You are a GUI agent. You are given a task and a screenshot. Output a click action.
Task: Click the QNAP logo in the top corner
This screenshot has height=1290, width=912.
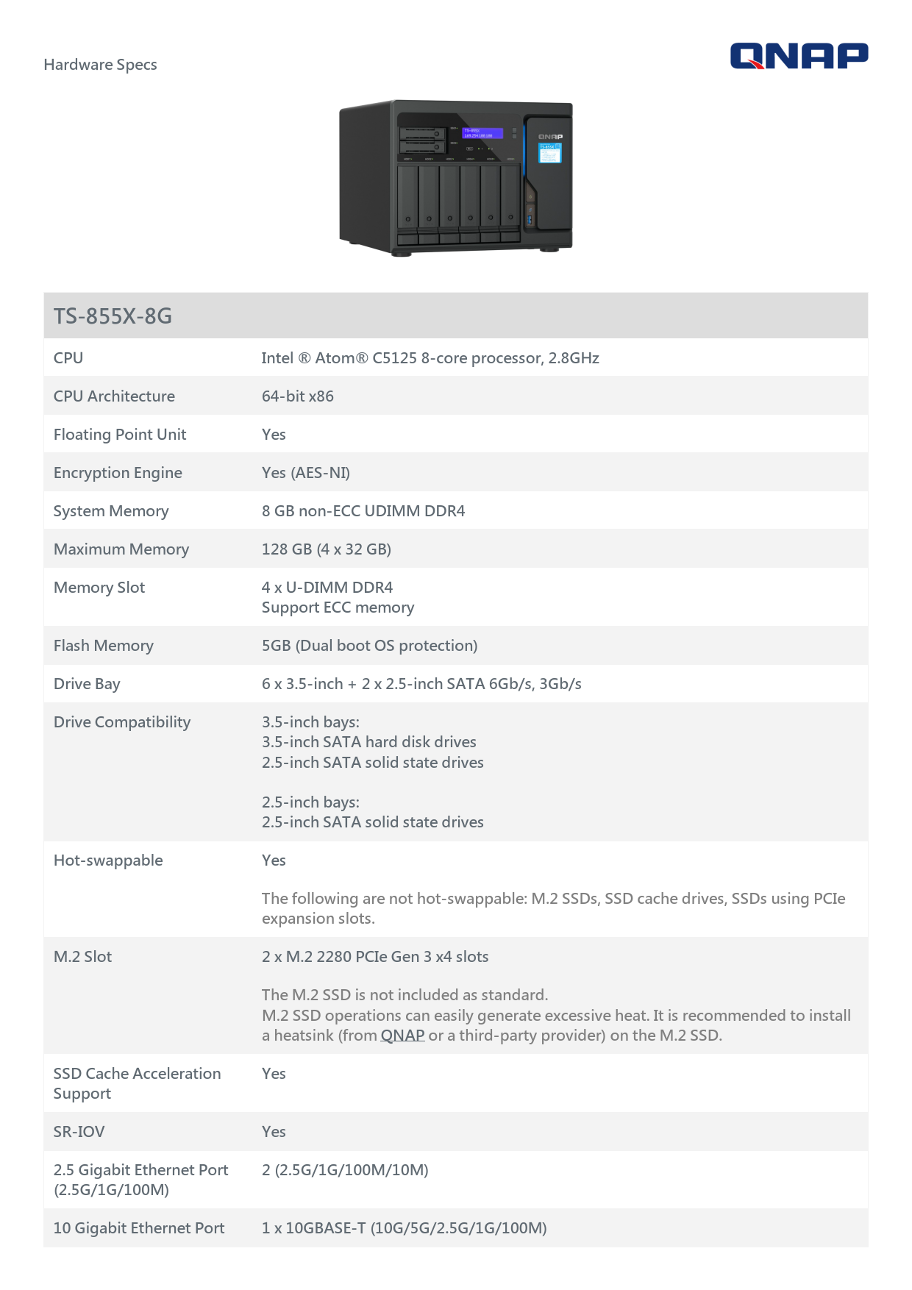coord(799,56)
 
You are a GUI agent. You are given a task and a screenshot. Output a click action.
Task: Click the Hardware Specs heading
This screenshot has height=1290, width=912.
coord(100,65)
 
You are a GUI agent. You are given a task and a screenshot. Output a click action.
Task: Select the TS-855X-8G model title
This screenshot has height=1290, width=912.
coord(113,316)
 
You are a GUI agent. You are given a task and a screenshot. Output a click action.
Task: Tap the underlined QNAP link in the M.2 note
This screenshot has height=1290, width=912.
coord(402,1036)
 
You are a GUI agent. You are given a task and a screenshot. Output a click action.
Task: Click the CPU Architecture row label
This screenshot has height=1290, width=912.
coord(114,396)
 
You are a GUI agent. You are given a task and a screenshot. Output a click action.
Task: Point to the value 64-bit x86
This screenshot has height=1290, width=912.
coord(297,396)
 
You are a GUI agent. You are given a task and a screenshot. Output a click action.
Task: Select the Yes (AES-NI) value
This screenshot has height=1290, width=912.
coord(305,473)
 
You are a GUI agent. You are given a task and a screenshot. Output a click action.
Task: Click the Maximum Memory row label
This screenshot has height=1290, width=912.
coord(121,549)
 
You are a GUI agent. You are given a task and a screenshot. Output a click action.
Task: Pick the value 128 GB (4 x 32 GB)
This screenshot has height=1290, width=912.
coord(326,549)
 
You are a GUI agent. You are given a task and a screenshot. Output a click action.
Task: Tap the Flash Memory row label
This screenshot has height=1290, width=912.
coord(104,646)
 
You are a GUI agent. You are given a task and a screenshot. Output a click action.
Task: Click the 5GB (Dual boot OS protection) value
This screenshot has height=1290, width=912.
coord(369,646)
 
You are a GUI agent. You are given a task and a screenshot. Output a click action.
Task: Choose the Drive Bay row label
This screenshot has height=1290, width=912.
coord(87,684)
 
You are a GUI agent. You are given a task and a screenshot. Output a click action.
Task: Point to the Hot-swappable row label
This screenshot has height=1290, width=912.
coord(108,860)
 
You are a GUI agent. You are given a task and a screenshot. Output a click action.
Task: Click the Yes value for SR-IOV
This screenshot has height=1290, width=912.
coord(274,1132)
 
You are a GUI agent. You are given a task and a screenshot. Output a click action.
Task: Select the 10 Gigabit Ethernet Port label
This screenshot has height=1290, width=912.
coord(139,1228)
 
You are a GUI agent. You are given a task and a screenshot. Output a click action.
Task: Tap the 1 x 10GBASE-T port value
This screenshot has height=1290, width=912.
coord(404,1228)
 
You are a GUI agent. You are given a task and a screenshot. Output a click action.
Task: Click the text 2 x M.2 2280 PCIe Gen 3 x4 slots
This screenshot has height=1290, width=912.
coord(375,957)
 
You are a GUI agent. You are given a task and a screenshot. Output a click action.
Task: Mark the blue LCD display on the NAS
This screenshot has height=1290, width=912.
coord(482,133)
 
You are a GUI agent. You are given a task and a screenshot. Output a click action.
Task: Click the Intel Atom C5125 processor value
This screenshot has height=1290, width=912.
coord(430,358)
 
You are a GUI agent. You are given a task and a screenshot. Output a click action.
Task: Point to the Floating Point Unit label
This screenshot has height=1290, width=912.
coord(120,435)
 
